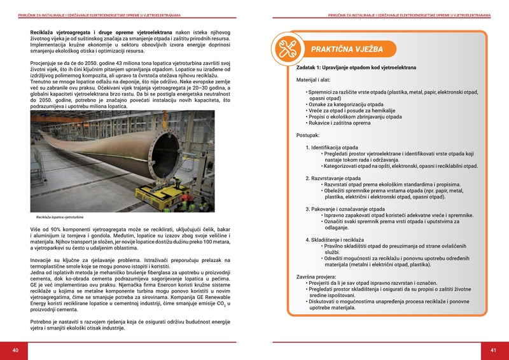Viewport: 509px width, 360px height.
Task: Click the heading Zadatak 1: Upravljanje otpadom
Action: [356, 67]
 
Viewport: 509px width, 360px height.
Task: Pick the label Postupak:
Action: [309, 135]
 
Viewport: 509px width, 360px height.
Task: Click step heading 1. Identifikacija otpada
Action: [331, 148]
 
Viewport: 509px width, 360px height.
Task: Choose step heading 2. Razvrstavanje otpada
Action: [333, 178]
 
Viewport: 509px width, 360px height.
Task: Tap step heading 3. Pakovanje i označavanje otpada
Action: [345, 209]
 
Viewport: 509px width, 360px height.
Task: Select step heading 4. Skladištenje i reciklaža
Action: [337, 240]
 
